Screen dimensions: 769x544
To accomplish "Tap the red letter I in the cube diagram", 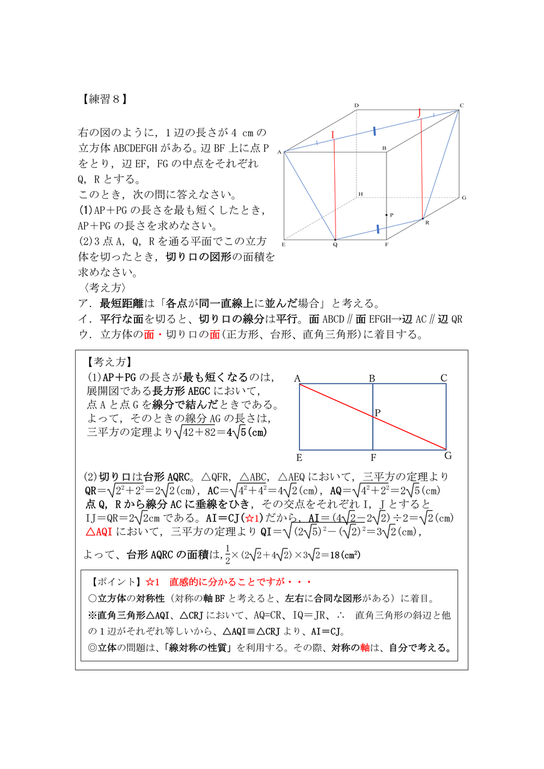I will click(x=332, y=135).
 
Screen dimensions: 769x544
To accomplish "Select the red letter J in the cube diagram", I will click(x=420, y=112).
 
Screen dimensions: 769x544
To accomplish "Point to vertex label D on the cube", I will click(x=356, y=106).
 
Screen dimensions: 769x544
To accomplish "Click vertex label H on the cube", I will click(x=361, y=194).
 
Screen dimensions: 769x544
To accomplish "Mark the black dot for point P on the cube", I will click(x=387, y=214).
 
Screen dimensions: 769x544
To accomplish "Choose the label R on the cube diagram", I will click(x=427, y=223).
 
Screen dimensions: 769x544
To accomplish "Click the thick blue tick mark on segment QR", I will click(x=377, y=229).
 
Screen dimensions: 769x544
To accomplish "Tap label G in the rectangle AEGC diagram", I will click(x=448, y=456).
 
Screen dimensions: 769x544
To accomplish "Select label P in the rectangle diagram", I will click(x=378, y=413).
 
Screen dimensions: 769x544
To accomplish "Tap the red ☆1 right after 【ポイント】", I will click(x=151, y=582).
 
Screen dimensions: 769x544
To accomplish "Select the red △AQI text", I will click(x=100, y=532).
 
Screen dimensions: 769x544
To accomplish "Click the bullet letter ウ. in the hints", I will click(x=85, y=334).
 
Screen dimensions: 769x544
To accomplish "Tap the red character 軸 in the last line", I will click(x=365, y=648).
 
